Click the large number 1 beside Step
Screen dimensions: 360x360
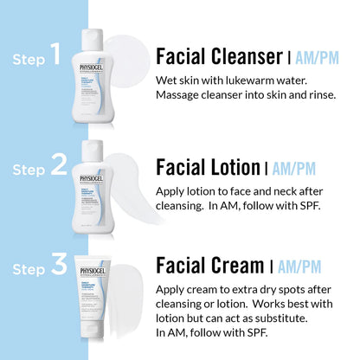pyautogui.click(x=55, y=56)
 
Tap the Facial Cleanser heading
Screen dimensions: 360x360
pyautogui.click(x=218, y=57)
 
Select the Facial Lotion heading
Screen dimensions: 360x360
pyautogui.click(x=208, y=166)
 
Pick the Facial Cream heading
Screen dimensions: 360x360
pyautogui.click(x=209, y=265)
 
